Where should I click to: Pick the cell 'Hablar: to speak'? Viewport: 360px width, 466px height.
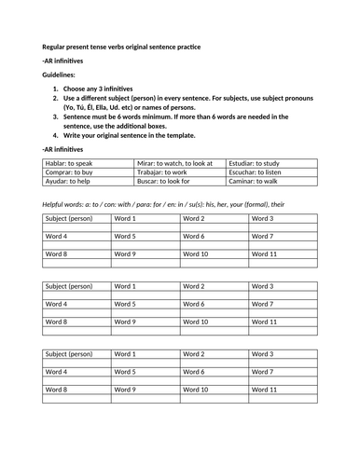(71, 162)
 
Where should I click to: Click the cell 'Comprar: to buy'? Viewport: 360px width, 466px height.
(70, 172)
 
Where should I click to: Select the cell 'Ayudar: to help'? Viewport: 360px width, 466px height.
(69, 183)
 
